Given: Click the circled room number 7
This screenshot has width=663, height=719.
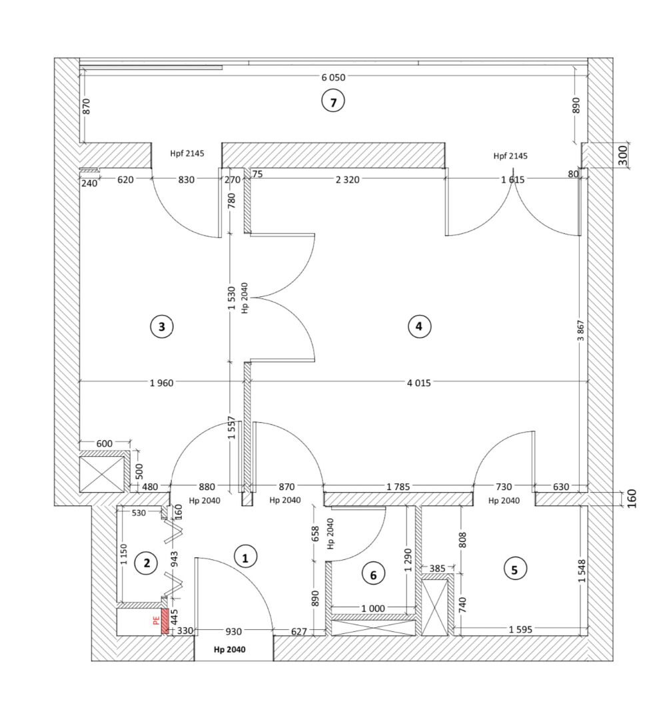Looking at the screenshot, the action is coord(332,102).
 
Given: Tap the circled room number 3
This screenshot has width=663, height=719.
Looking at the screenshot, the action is coord(161,326).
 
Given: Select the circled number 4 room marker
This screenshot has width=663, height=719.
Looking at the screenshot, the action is coord(419,326).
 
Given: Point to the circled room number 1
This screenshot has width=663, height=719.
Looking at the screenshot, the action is coord(245,558).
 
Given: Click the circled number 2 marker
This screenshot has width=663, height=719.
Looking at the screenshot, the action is coord(147,563).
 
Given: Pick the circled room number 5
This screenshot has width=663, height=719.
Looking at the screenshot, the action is coord(514,569).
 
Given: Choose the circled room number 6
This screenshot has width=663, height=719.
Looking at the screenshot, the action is coord(373,575).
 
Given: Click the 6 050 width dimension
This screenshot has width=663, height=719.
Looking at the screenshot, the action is coord(333,77).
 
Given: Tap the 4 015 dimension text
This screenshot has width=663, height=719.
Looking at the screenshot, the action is coord(418,383).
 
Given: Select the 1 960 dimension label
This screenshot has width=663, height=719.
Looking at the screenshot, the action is coord(161,383).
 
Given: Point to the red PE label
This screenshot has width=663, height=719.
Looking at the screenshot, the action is coord(156,620).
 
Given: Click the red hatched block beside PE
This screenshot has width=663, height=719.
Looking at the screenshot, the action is coord(165,621).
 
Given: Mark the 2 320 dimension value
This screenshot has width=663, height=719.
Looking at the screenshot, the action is coord(347,180).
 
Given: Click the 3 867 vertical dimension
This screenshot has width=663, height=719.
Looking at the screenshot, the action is coord(581,330).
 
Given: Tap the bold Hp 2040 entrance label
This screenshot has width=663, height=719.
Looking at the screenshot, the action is coord(229,649).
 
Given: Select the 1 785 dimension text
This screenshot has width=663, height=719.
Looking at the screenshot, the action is coord(398,487).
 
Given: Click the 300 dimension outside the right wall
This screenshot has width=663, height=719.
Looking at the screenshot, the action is coord(622,155).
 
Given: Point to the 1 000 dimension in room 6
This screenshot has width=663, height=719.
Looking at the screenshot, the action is coord(373,608).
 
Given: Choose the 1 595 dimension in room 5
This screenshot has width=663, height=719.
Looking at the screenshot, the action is coord(520,630).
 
